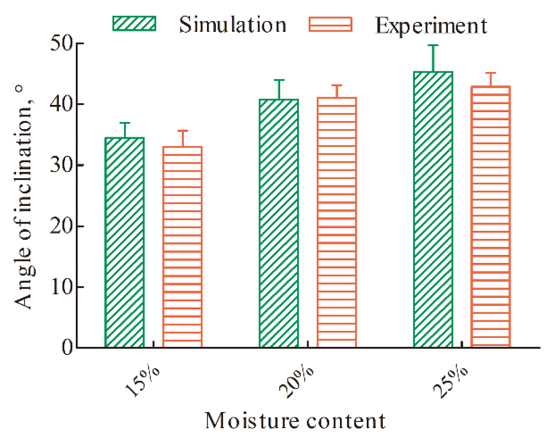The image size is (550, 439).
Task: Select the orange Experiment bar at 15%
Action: (182, 247)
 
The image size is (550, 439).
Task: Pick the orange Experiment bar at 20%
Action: (337, 222)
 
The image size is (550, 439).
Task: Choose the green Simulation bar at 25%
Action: (433, 210)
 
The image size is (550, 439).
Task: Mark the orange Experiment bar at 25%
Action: (491, 216)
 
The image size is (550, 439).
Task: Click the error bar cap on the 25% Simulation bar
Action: (433, 45)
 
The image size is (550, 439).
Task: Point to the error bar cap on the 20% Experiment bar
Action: (337, 86)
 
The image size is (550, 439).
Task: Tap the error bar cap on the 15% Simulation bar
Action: (125, 123)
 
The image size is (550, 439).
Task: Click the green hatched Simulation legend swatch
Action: (134, 24)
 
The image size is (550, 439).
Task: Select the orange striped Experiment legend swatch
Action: (330, 25)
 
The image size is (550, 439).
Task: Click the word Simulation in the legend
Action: (233, 25)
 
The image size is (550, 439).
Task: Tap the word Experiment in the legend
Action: (431, 25)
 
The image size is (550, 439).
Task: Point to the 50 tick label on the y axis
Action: (62, 43)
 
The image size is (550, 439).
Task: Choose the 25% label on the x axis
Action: (451, 382)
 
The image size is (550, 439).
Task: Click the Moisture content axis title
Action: (295, 421)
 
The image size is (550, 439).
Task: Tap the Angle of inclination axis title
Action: (24, 196)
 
